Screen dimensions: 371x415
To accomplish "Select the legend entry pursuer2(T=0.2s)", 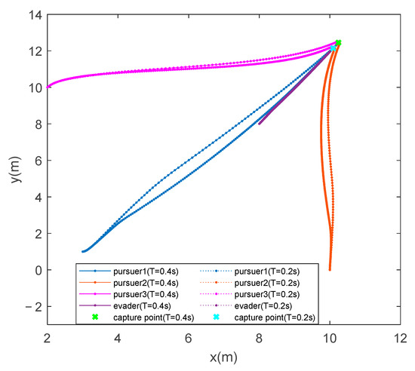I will (269, 282).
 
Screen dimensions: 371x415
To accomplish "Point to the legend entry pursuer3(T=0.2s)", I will (269, 294).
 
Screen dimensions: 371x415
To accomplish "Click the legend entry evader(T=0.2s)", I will (266, 305).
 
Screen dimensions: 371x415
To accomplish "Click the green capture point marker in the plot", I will (338, 43).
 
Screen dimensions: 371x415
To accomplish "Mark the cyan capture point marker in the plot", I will (334, 48).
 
